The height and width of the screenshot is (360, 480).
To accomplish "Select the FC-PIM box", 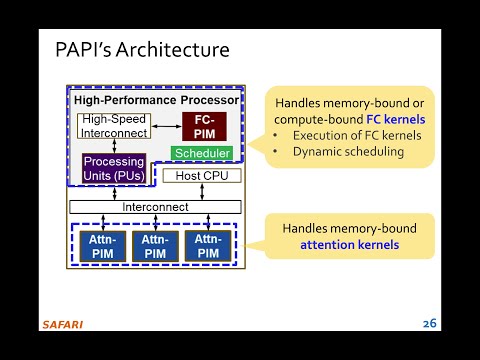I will pyautogui.click(x=204, y=126).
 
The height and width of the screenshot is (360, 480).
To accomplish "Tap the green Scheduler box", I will pyautogui.click(x=202, y=154).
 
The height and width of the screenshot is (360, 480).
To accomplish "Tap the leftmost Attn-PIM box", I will pyautogui.click(x=99, y=245).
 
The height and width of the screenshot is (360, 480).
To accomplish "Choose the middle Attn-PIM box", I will pyautogui.click(x=154, y=245).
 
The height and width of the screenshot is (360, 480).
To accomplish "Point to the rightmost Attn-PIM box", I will pyautogui.click(x=209, y=245).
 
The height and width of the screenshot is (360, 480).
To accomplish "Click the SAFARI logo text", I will pyautogui.click(x=62, y=324).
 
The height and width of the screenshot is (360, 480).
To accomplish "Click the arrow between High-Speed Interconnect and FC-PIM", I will pyautogui.click(x=165, y=126).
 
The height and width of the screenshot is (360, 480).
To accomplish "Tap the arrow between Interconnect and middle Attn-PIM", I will pyautogui.click(x=153, y=222).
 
